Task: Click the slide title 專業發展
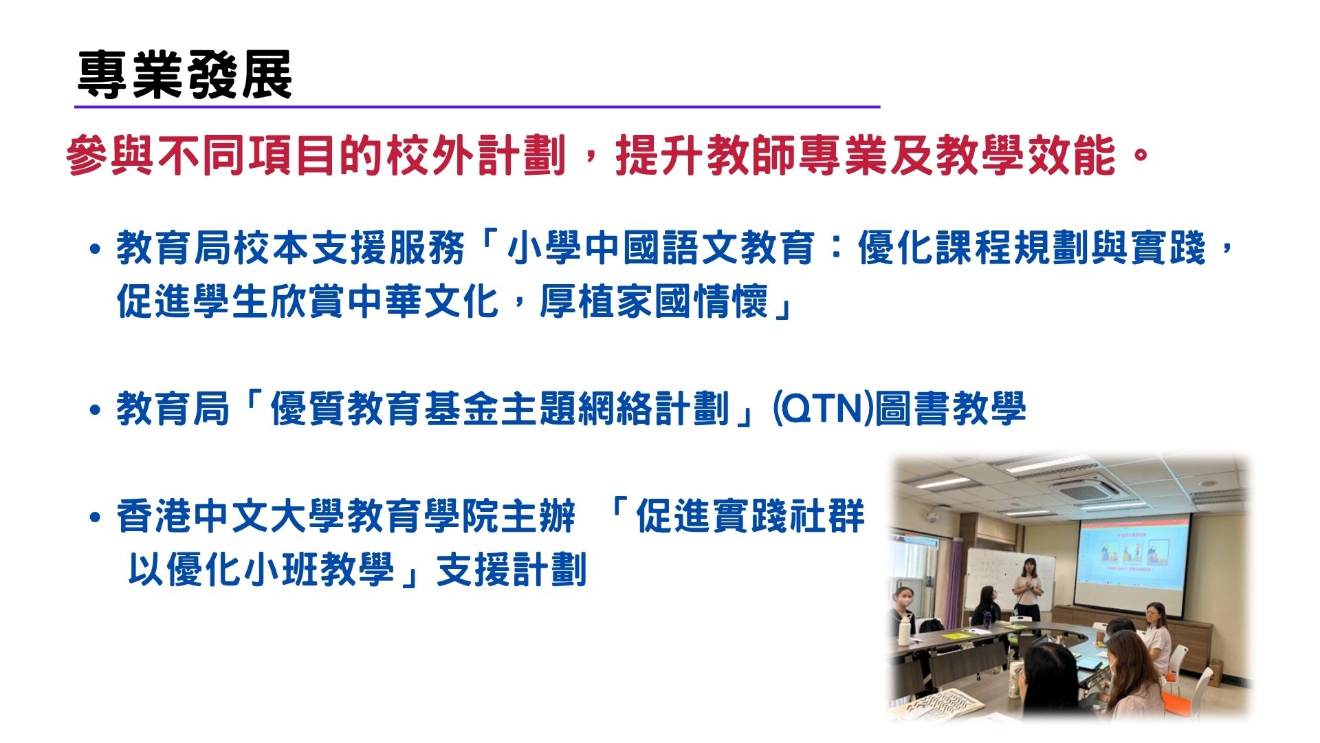185,75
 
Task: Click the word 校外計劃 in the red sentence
476,155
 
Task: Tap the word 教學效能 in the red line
1025,155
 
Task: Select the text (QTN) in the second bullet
823,409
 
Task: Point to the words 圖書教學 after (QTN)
950,409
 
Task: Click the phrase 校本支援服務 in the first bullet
349,248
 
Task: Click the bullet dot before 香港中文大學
96,518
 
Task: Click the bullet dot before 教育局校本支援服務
96,249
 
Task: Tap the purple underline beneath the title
477,107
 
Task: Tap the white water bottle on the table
904,632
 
